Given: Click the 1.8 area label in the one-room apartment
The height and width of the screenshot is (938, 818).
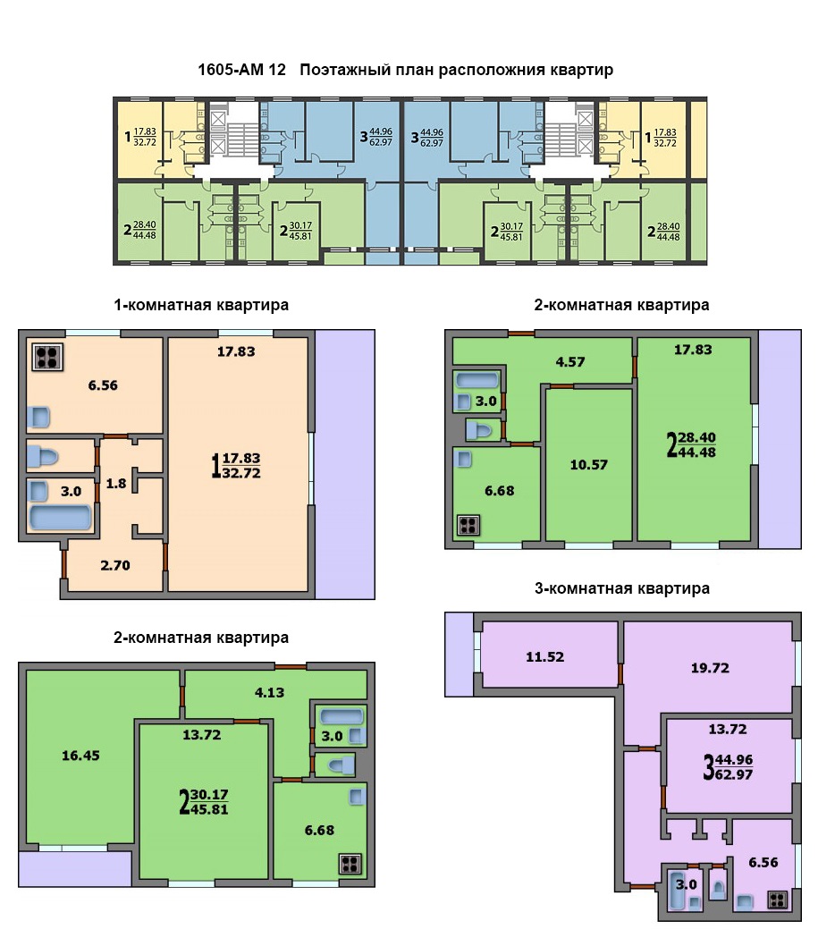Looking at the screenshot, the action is pyautogui.click(x=116, y=484).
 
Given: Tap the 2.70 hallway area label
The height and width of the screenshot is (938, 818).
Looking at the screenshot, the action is pyautogui.click(x=114, y=565).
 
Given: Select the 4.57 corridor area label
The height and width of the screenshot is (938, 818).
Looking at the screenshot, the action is pyautogui.click(x=569, y=362).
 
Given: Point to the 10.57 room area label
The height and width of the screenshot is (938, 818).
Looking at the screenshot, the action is pyautogui.click(x=588, y=465).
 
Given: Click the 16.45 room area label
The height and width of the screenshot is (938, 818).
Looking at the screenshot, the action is pyautogui.click(x=80, y=756).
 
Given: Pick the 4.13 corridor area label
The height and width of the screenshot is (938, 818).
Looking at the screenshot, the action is pyautogui.click(x=269, y=693).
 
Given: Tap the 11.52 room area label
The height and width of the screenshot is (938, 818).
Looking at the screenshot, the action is pyautogui.click(x=544, y=657).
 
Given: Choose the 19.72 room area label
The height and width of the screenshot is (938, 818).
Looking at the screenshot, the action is pyautogui.click(x=710, y=668).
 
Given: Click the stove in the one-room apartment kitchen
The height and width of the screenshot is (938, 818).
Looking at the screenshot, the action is pyautogui.click(x=47, y=357).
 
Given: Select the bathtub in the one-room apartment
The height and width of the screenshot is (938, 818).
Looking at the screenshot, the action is pyautogui.click(x=61, y=518).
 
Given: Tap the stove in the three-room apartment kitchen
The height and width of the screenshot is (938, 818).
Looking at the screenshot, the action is pyautogui.click(x=778, y=900).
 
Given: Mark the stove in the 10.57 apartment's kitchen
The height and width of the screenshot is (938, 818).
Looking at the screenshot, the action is pyautogui.click(x=468, y=526).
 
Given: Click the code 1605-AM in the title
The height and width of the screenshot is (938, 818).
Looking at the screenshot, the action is pyautogui.click(x=231, y=70).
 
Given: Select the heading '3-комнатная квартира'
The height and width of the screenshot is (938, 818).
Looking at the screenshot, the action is pyautogui.click(x=622, y=588).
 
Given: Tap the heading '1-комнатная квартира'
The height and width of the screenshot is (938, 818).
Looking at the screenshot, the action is pyautogui.click(x=201, y=305).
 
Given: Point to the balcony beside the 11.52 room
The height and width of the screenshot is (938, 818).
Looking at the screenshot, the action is pyautogui.click(x=460, y=655).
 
